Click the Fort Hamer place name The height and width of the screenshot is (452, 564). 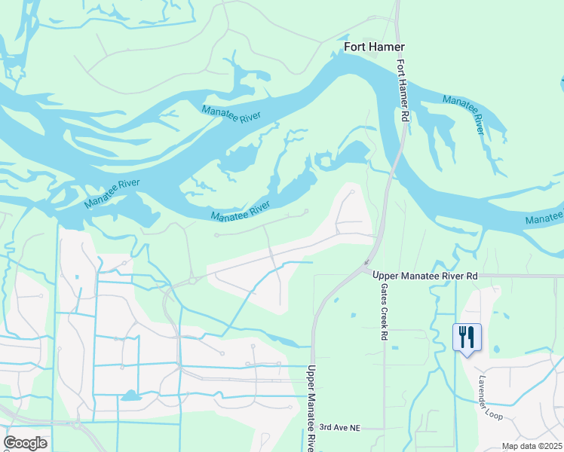click(374, 47)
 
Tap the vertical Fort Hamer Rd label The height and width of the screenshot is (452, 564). click(403, 92)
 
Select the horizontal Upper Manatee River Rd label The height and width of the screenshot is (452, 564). click(425, 276)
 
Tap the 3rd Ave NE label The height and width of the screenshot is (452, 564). click(340, 428)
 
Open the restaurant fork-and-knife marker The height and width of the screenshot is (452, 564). click(467, 336)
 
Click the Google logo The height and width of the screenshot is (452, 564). click(25, 443)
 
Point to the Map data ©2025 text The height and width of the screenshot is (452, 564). click(532, 446)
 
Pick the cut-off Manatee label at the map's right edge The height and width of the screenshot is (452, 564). click(544, 219)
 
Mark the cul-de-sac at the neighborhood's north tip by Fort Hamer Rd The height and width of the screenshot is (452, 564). click(352, 192)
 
